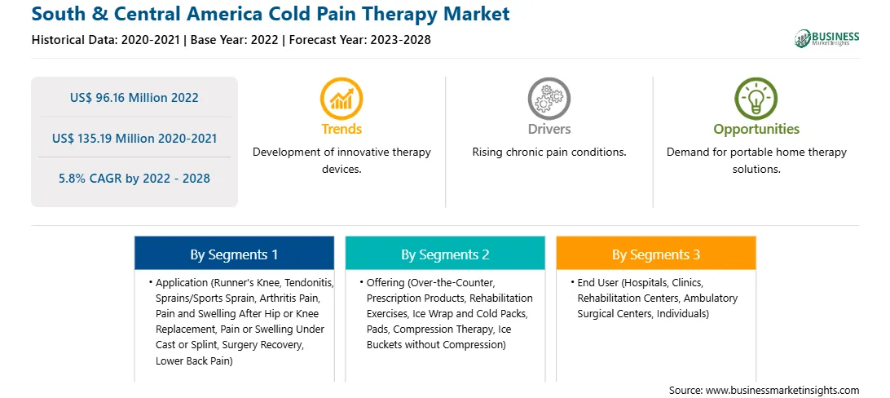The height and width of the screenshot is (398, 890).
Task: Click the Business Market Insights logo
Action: click(827, 38)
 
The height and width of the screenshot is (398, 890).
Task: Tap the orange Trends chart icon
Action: click(341, 98)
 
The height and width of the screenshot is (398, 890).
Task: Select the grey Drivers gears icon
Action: click(549, 98)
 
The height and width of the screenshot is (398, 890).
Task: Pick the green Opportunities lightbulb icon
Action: click(756, 98)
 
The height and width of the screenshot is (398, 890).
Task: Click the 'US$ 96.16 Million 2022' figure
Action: click(134, 98)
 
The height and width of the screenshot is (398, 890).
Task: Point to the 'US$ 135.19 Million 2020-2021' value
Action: click(134, 138)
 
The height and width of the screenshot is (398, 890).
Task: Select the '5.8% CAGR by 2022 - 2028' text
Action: click(134, 179)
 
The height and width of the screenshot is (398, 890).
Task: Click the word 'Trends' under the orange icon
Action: click(341, 129)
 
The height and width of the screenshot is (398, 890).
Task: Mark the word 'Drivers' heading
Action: click(549, 129)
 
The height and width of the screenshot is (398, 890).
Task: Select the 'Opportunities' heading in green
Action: click(756, 130)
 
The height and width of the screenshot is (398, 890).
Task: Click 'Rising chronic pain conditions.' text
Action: click(549, 153)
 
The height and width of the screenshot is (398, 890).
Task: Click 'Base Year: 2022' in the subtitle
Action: click(235, 40)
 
